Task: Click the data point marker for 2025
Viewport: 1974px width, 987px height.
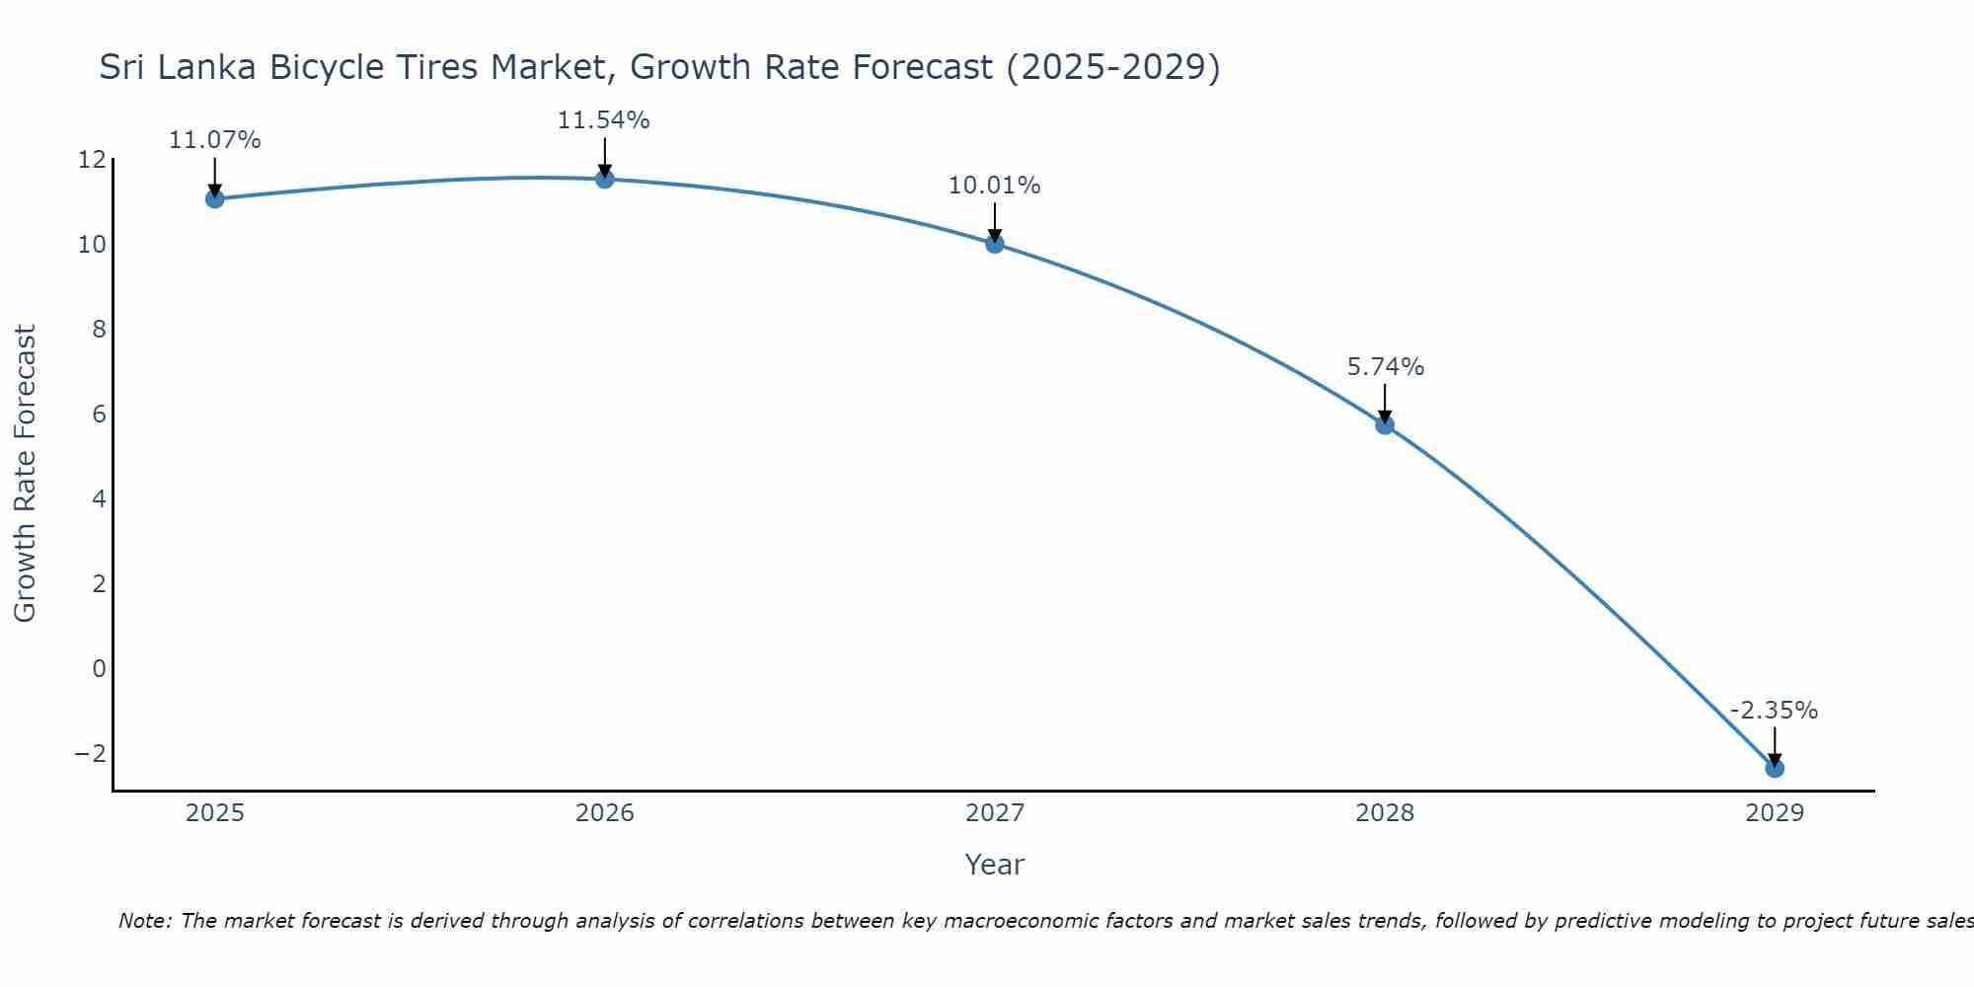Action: point(215,198)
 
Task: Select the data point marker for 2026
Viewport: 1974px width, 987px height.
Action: point(605,179)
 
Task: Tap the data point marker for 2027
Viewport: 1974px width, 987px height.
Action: point(995,244)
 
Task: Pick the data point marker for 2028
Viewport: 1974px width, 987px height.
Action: point(1385,425)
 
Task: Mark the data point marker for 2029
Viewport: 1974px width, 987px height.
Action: point(1775,768)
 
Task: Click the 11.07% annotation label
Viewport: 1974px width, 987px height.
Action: point(215,140)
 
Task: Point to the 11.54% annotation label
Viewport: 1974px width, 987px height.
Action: point(604,120)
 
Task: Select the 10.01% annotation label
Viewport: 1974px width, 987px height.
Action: point(995,186)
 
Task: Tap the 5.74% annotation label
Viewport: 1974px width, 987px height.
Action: point(1386,367)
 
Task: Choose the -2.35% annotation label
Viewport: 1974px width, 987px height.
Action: point(1774,711)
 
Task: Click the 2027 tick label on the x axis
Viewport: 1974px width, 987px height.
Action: point(995,813)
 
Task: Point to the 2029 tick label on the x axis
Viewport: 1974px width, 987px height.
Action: point(1775,813)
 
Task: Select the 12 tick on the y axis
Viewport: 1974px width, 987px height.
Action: point(92,160)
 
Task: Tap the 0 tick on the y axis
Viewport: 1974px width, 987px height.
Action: point(99,669)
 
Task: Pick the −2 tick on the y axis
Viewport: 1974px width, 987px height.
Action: point(91,754)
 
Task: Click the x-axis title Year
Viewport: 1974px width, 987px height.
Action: point(995,865)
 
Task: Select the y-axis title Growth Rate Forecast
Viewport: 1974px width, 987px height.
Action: point(25,474)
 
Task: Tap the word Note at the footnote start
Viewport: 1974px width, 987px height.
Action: point(144,921)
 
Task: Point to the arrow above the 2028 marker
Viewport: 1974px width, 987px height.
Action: point(1385,403)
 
